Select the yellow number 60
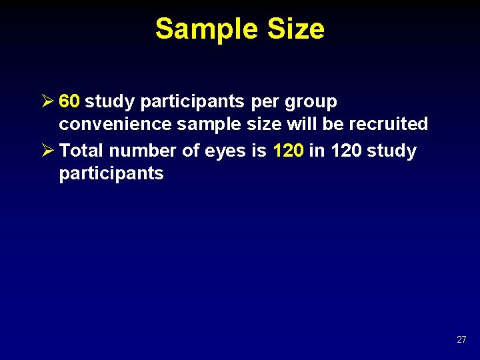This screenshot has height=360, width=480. click(70, 101)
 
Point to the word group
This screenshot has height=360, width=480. click(311, 102)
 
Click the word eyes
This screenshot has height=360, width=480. click(226, 151)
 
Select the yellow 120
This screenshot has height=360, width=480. click(289, 151)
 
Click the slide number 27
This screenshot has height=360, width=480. click(461, 340)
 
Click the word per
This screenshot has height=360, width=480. click(267, 102)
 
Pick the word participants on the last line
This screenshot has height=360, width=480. click(111, 174)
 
